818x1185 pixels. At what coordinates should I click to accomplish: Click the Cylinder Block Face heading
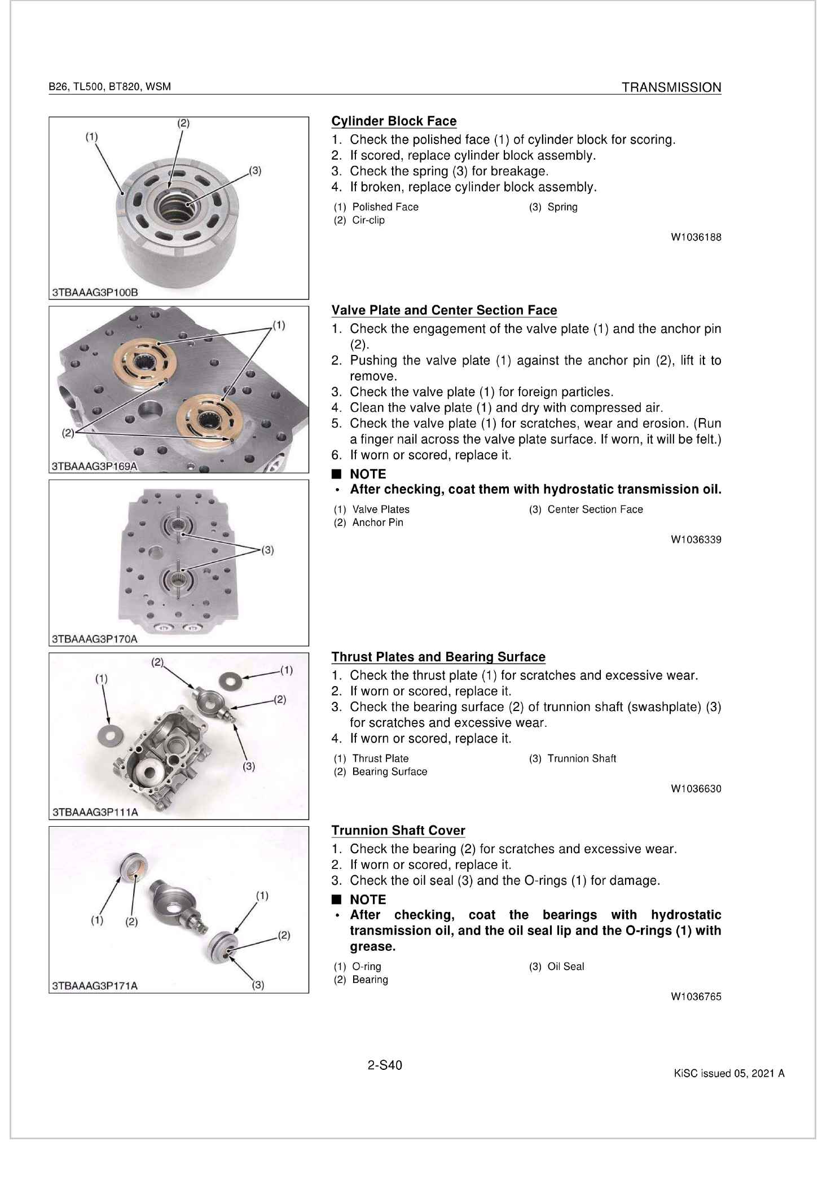[394, 121]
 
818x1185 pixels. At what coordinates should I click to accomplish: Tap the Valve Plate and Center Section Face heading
[444, 310]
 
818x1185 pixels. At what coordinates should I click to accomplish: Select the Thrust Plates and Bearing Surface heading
[438, 657]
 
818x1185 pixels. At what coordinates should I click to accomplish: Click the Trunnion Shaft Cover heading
[398, 831]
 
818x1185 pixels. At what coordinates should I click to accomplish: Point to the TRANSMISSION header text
[671, 87]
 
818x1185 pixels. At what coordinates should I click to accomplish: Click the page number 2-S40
[385, 1065]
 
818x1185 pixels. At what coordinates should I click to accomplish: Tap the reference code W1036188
[696, 238]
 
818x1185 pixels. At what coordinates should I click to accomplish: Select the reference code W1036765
[696, 997]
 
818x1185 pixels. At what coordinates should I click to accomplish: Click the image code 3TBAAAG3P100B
[95, 292]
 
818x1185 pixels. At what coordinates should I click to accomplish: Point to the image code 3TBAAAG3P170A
[95, 639]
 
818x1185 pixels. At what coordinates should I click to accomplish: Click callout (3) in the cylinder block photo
[255, 170]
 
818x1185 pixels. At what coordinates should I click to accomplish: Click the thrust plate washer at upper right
[232, 678]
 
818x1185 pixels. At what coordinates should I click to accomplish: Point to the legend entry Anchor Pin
[377, 523]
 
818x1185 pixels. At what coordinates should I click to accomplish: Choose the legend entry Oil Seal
[566, 967]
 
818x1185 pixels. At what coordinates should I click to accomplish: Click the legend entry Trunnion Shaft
[582, 759]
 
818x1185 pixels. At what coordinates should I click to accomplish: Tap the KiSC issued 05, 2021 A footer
[729, 1073]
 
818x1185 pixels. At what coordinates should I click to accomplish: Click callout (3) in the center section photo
[267, 550]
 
